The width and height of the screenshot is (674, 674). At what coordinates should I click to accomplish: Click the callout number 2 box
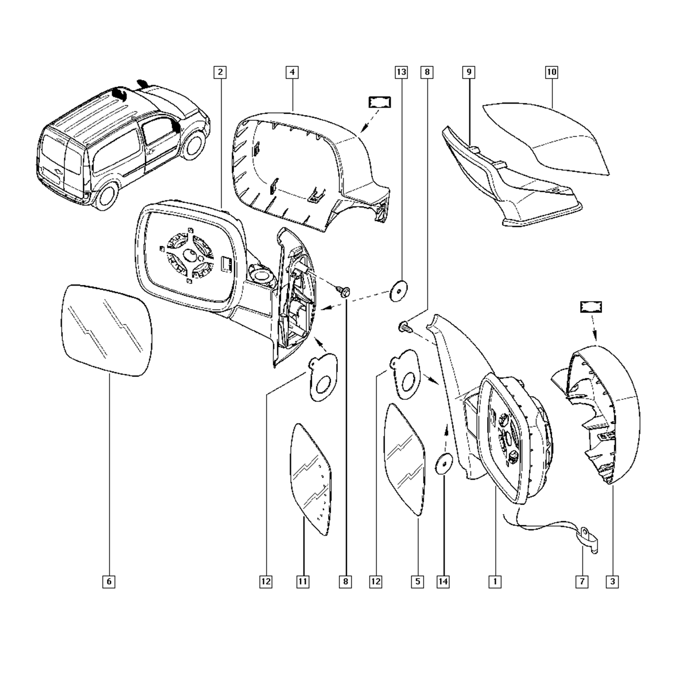point(220,72)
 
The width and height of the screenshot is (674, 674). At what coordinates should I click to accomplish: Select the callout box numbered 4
point(292,72)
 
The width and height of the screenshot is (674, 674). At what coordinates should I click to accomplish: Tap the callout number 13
point(401,72)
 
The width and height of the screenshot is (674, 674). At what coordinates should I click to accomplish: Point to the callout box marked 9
point(469,72)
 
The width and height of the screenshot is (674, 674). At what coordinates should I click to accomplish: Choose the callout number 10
point(551,72)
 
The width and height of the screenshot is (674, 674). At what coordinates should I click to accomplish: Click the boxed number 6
point(109,581)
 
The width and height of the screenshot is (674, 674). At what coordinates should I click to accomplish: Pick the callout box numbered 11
point(303,581)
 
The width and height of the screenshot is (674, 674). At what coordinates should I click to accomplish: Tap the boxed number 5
point(417,581)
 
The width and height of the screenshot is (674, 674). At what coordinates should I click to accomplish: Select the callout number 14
point(443,581)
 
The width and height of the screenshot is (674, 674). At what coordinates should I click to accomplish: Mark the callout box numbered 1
point(495,581)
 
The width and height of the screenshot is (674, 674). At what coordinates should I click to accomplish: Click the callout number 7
point(581,581)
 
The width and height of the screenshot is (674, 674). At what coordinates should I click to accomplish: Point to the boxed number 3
point(612,581)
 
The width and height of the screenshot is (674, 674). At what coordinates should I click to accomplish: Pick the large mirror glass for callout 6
point(106,330)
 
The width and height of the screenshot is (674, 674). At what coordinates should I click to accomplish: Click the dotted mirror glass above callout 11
point(311,479)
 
